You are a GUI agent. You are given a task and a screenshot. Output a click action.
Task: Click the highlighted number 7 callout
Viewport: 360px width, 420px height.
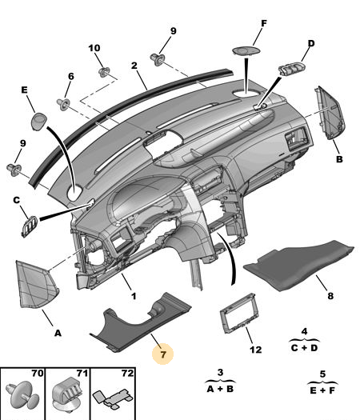[x=163, y=354]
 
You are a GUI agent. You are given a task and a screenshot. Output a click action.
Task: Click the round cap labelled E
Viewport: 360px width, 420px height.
[x=39, y=122]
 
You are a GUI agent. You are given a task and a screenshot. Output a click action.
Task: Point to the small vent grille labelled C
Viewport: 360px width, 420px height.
[x=30, y=226]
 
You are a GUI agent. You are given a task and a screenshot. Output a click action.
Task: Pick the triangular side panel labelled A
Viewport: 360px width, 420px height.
[x=36, y=285]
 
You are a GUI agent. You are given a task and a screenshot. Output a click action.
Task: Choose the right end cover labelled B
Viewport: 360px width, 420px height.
[x=330, y=113]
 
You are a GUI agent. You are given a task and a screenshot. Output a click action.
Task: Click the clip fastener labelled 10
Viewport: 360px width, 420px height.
[x=104, y=72]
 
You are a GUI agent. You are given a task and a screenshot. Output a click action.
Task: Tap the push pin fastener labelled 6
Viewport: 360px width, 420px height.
[x=63, y=104]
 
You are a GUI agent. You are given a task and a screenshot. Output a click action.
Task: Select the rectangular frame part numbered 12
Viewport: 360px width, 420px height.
[x=238, y=314]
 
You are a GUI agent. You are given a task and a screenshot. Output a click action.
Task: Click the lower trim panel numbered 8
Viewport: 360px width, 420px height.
[x=298, y=264]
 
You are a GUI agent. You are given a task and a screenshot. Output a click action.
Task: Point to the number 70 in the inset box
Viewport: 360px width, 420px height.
[x=38, y=373]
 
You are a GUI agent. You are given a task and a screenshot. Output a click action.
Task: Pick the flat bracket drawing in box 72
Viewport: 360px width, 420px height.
[x=113, y=396]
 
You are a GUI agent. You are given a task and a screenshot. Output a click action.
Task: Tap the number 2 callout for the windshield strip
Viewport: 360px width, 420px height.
[x=134, y=66]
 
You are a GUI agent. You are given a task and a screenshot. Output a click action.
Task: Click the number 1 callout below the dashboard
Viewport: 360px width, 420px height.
[x=134, y=296]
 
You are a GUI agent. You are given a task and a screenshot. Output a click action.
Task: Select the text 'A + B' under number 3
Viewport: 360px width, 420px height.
[x=220, y=389]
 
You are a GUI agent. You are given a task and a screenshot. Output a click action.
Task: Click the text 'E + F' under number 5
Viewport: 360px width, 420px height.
[x=322, y=390]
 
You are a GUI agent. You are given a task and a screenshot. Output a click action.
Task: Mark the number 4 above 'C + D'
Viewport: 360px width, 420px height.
[x=304, y=332]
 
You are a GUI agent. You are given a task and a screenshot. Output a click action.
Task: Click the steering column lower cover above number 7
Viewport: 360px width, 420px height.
[x=140, y=322]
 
